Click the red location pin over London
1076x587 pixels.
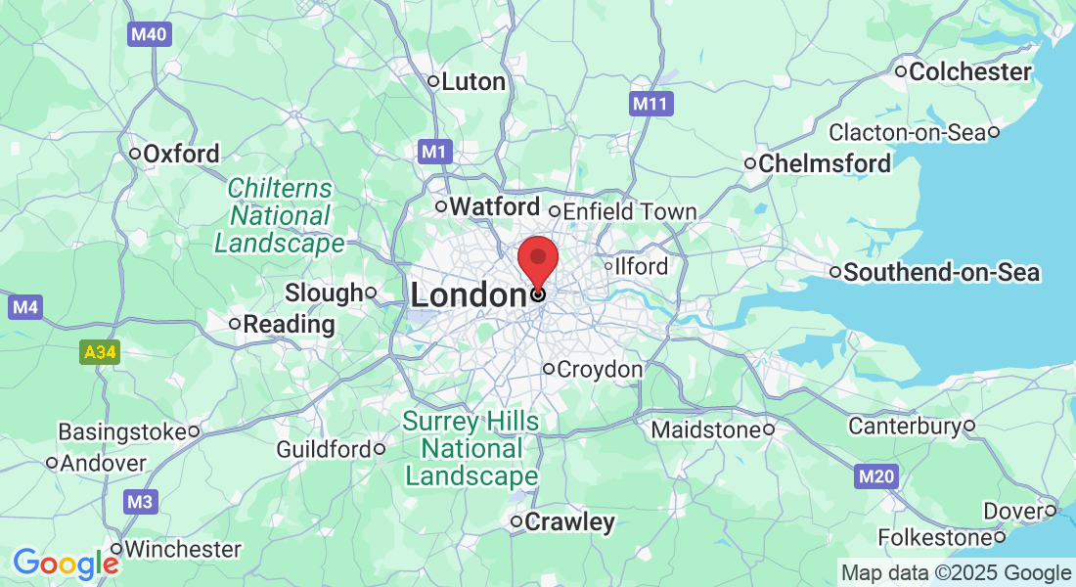click(x=537, y=258)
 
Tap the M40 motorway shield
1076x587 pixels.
click(x=149, y=35)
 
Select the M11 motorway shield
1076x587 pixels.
click(x=650, y=104)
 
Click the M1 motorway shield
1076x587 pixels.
click(x=435, y=152)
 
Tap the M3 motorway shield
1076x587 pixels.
click(x=141, y=503)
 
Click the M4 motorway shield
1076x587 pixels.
click(x=24, y=307)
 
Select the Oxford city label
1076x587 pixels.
click(x=181, y=154)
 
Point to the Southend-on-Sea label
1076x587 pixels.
click(x=941, y=272)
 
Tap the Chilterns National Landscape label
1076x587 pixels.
click(x=280, y=215)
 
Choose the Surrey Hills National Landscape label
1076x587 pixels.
click(x=471, y=449)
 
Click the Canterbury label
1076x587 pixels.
click(x=904, y=426)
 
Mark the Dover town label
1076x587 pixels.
click(x=1013, y=510)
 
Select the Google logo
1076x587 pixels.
click(x=66, y=564)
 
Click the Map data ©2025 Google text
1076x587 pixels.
click(x=956, y=573)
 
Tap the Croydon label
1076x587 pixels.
click(x=599, y=370)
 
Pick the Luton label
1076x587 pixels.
click(x=473, y=81)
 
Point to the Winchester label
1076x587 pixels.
click(x=182, y=549)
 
